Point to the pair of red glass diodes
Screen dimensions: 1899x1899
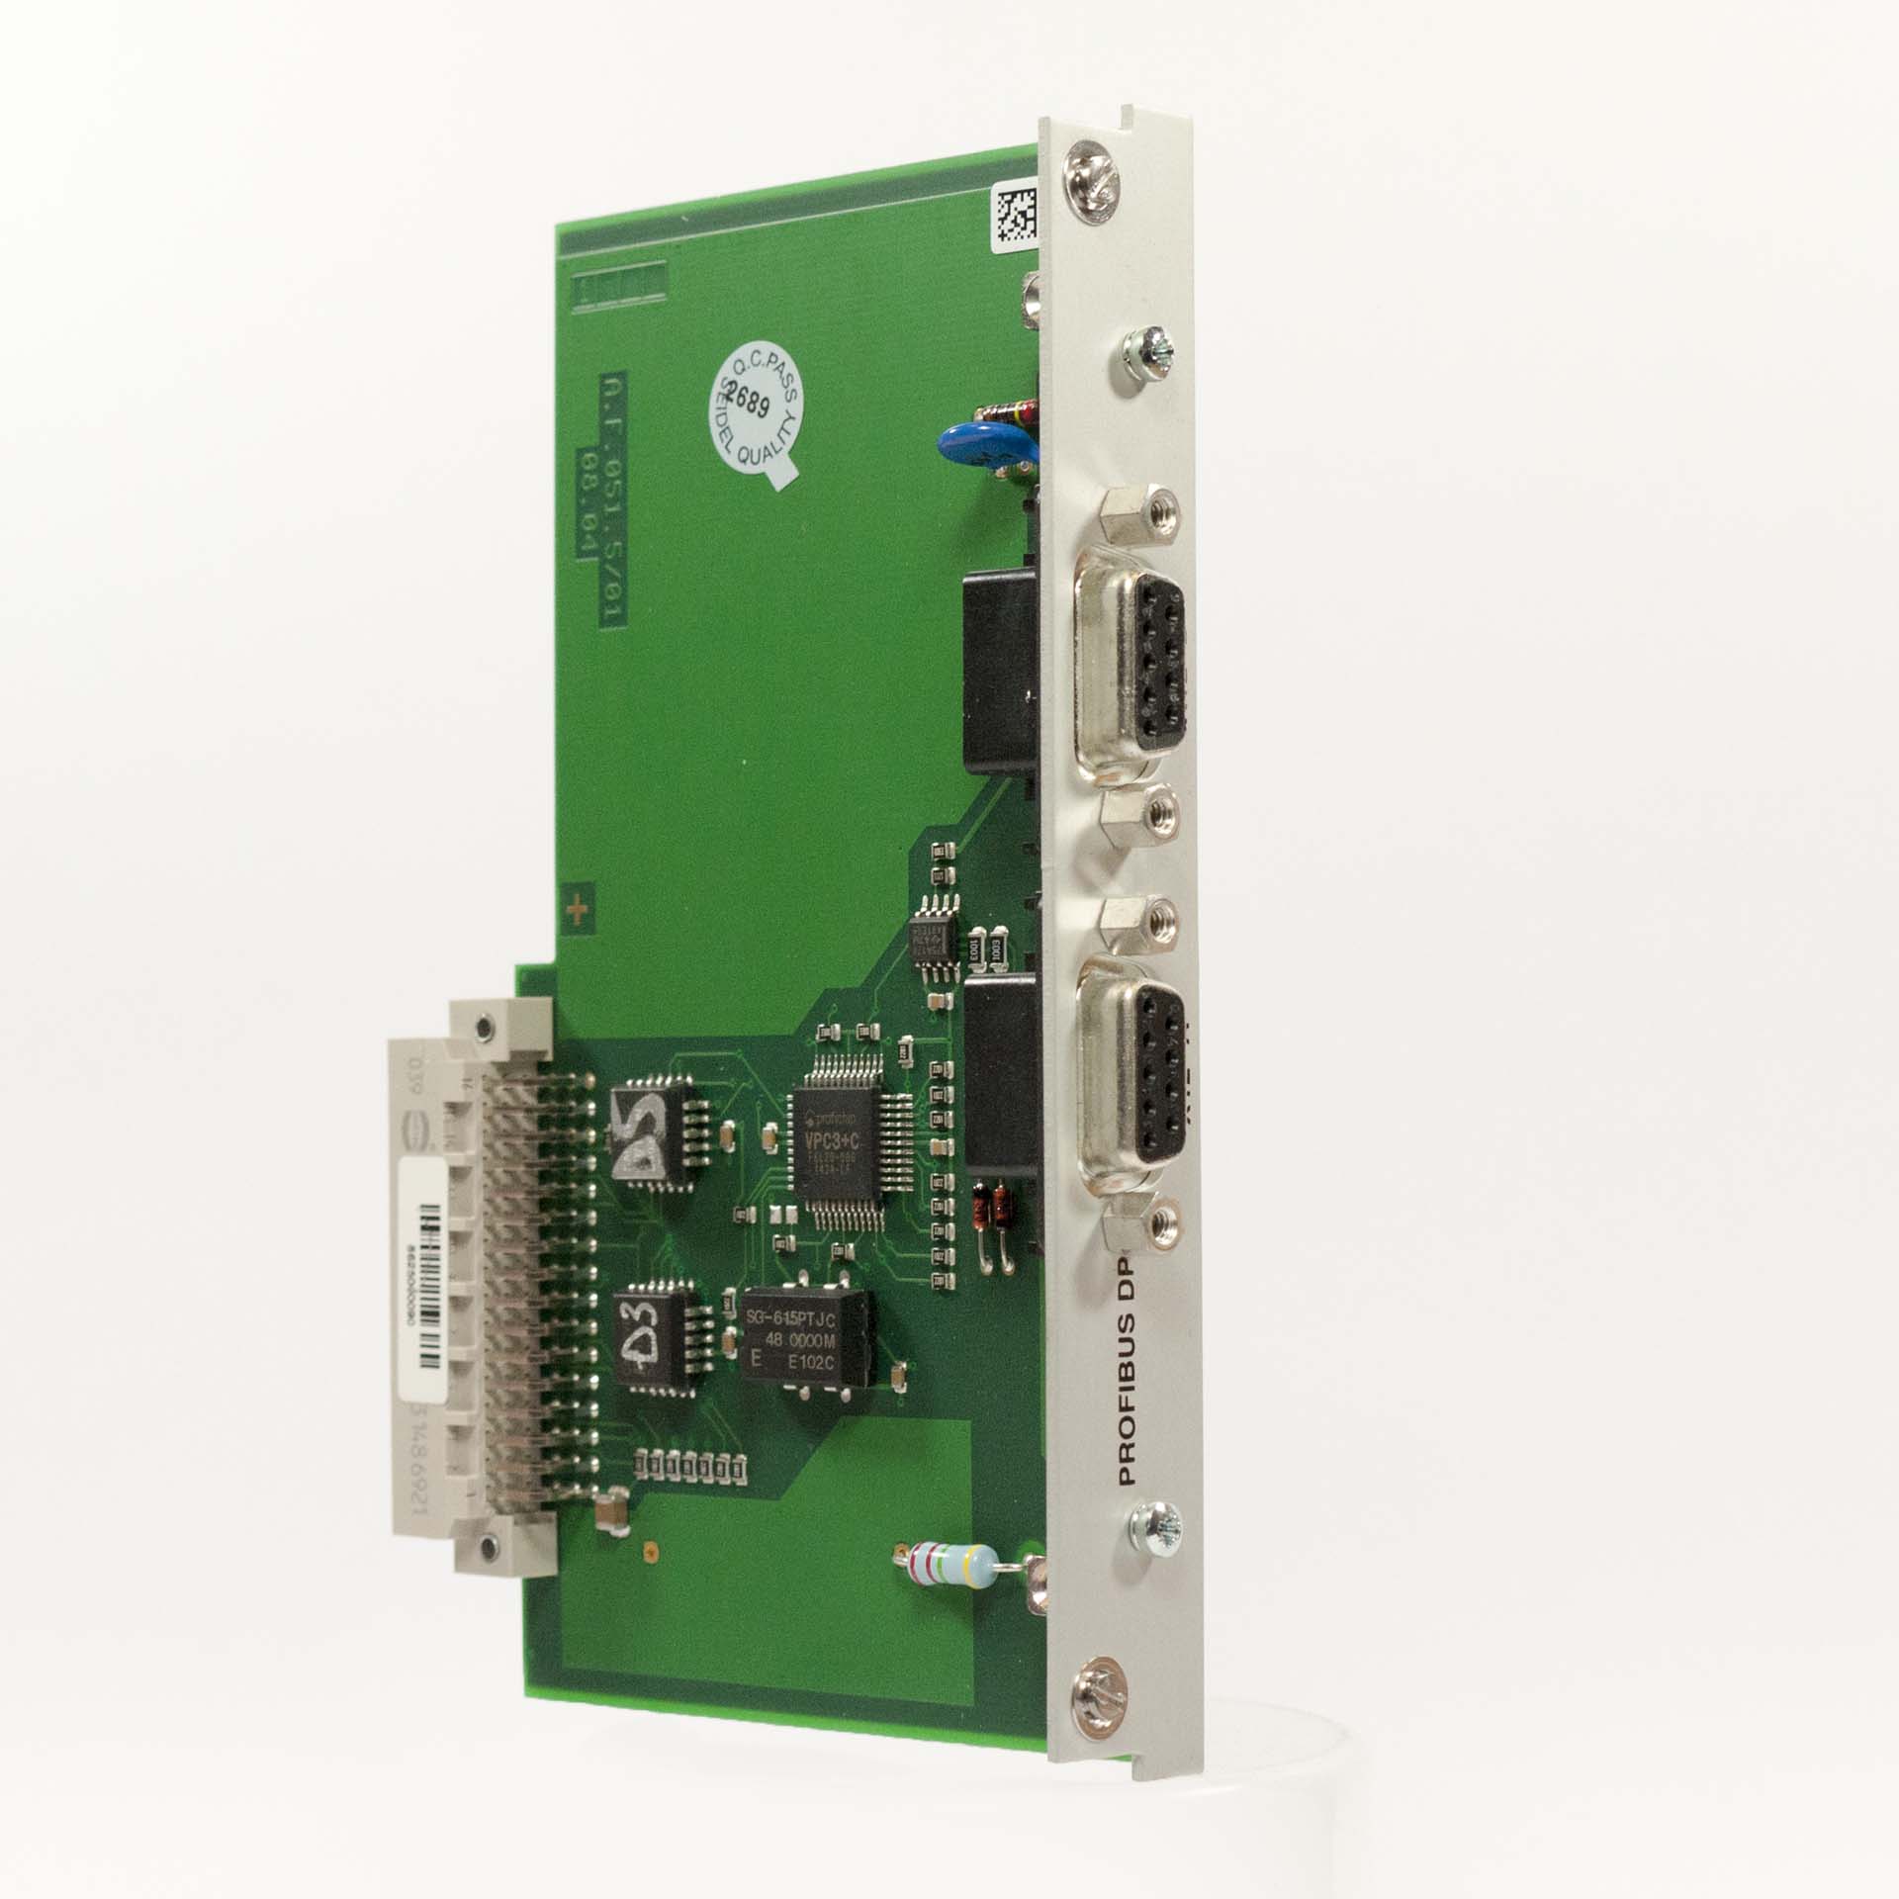(x=992, y=1208)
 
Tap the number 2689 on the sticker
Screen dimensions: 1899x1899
(x=751, y=400)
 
